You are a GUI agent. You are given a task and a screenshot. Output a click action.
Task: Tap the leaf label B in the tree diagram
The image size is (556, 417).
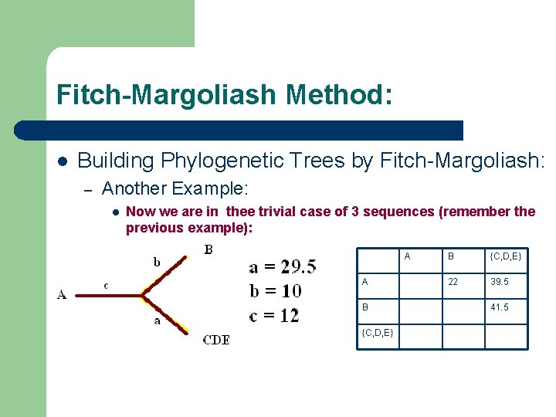208,249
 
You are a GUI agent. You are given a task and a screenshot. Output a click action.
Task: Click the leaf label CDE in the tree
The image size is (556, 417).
215,340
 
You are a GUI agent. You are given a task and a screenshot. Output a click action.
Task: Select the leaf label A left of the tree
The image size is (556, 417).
61,293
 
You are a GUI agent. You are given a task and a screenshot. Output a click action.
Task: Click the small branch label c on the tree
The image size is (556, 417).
106,285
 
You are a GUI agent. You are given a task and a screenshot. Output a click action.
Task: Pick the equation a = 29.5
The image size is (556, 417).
283,266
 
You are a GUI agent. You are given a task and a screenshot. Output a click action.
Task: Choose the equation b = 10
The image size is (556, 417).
276,290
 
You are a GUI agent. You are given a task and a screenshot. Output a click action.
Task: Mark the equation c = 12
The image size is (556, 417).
274,314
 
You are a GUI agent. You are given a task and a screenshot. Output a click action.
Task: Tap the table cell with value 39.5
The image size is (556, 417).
500,282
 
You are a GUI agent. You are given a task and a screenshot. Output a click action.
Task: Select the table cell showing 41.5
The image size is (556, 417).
500,307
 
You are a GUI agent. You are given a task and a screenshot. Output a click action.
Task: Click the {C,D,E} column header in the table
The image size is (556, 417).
506,256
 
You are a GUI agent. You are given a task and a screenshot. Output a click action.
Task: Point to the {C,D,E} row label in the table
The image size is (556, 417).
378,332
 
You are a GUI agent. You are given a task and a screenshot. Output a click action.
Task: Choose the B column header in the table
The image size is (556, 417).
449,256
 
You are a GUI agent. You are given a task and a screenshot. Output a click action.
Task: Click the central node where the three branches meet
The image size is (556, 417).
143,293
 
